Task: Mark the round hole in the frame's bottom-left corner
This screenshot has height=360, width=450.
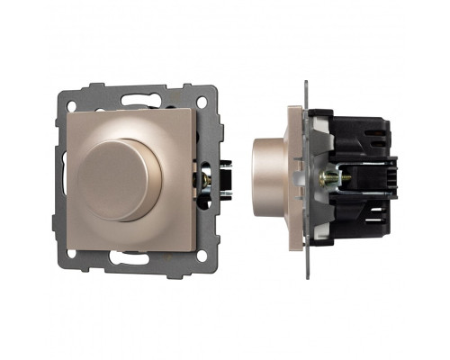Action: tap(69, 252)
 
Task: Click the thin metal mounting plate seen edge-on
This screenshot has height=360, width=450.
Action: tap(310, 180)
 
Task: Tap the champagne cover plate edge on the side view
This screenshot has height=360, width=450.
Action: tap(293, 180)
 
